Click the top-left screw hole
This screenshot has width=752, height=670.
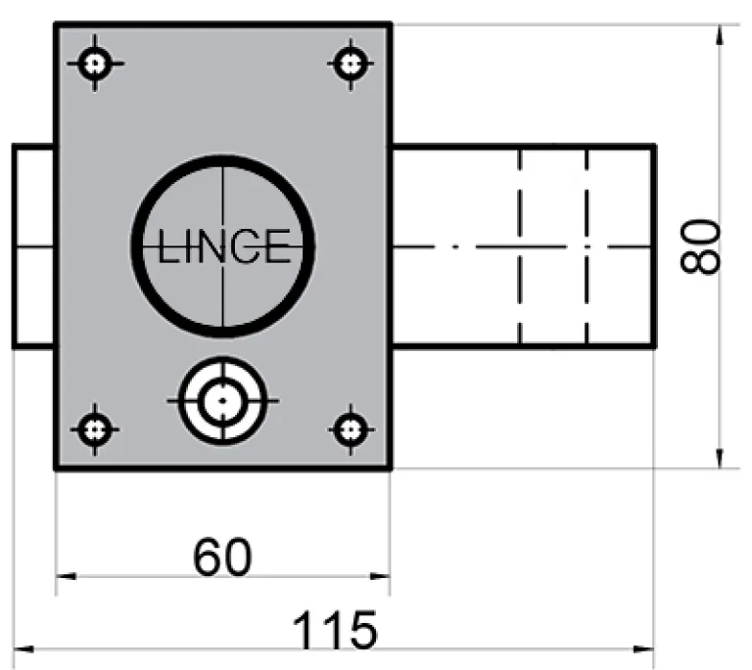tap(95, 65)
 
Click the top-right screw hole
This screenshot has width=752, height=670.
tap(350, 65)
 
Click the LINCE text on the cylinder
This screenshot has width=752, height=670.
tap(224, 246)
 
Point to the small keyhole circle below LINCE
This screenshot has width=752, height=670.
tap(223, 400)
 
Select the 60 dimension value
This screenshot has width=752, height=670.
tap(222, 558)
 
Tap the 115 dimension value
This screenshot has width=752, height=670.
tap(336, 631)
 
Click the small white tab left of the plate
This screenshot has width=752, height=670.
tap(33, 246)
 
